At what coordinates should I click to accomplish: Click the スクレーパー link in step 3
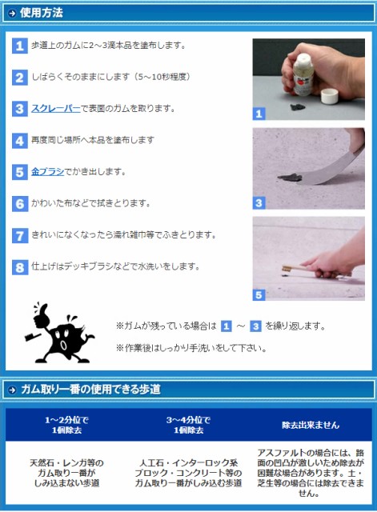pyautogui.click(x=55, y=108)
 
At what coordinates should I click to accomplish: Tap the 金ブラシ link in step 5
pyautogui.click(x=47, y=171)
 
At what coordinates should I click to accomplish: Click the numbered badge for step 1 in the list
pyautogui.click(x=19, y=46)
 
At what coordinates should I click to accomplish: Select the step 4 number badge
pyautogui.click(x=19, y=141)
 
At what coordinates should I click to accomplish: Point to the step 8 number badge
pyautogui.click(x=19, y=267)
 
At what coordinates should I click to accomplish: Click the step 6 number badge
pyautogui.click(x=19, y=204)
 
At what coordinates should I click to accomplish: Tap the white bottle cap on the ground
pyautogui.click(x=329, y=96)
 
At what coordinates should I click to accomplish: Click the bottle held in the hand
pyautogui.click(x=303, y=74)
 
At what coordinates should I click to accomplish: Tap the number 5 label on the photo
pyautogui.click(x=259, y=295)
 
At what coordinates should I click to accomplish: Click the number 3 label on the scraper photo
pyautogui.click(x=259, y=203)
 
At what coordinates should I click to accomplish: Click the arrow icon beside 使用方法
pyautogui.click(x=12, y=14)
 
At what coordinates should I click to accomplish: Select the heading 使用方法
pyautogui.click(x=41, y=13)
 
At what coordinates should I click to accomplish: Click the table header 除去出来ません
pyautogui.click(x=311, y=425)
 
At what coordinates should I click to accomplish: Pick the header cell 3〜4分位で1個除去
pyautogui.click(x=189, y=425)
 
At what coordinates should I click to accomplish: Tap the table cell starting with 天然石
pyautogui.click(x=66, y=473)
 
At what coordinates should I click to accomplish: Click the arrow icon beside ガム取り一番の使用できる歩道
pyautogui.click(x=12, y=390)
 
